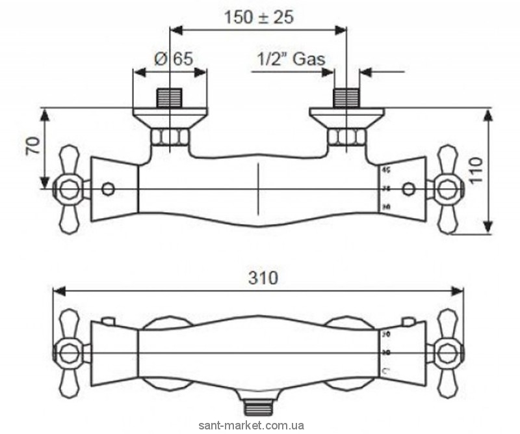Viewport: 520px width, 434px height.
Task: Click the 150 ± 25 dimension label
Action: click(259, 17)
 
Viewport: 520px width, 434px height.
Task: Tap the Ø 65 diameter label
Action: click(173, 59)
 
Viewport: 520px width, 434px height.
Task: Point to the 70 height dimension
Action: click(31, 146)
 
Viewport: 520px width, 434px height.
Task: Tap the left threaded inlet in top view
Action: click(170, 98)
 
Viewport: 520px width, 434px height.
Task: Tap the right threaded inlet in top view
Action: click(346, 98)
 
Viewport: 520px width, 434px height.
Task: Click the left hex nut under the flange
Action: click(170, 137)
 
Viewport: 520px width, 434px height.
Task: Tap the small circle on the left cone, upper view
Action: click(109, 189)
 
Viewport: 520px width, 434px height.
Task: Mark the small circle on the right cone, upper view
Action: click(408, 189)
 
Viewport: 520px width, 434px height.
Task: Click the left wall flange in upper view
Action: click(170, 117)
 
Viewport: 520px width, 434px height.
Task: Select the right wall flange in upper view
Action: click(346, 117)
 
